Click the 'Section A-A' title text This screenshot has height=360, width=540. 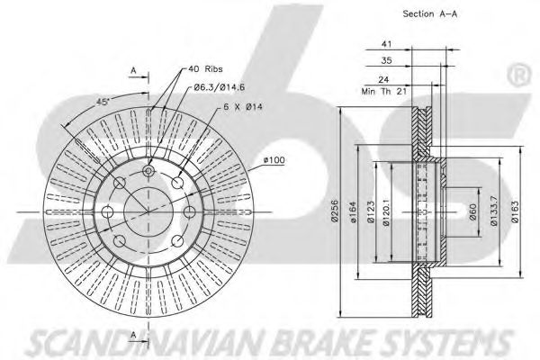(430, 14)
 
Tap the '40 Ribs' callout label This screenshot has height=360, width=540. (205, 69)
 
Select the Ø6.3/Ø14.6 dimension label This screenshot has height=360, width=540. (219, 87)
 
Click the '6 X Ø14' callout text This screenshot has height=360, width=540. (243, 107)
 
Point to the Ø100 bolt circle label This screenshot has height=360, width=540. (274, 160)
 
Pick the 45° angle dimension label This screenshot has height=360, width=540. (103, 102)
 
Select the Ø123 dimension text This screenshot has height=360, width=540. (371, 212)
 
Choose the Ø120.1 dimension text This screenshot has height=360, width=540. (386, 212)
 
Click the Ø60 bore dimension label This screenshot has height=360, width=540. (472, 212)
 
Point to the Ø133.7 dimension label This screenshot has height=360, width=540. (493, 211)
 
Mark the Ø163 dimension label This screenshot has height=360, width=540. (515, 212)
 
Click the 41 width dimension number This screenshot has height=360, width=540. (386, 44)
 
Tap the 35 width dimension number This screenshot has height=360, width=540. (386, 60)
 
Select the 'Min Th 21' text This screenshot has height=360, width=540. (384, 92)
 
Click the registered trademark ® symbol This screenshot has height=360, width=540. (519, 76)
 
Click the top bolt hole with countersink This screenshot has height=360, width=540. (148, 170)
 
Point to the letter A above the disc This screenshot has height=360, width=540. (133, 70)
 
